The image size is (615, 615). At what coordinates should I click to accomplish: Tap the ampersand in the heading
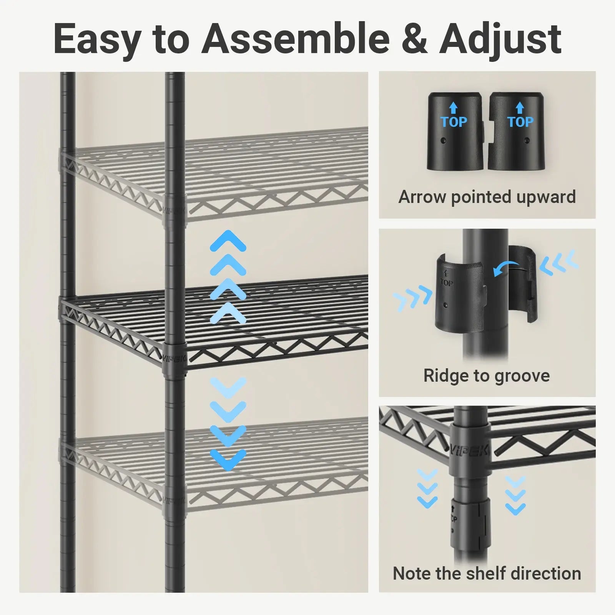(414, 39)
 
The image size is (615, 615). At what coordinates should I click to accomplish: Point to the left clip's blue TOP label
(454, 122)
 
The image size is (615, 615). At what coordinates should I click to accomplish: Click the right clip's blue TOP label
(520, 122)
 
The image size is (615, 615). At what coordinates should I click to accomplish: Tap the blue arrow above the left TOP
(454, 108)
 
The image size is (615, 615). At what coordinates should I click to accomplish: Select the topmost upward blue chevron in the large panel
(228, 241)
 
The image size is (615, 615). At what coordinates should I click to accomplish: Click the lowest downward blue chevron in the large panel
(228, 460)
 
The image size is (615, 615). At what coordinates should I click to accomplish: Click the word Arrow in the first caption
(423, 197)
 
